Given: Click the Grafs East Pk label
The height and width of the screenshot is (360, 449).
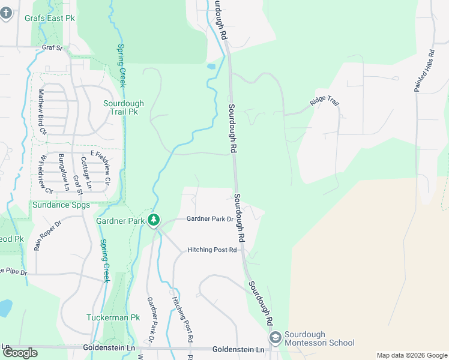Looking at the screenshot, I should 49,18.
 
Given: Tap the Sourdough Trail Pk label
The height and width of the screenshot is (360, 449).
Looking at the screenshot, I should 121,107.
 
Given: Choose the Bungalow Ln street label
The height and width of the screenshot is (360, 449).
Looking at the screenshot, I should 64,172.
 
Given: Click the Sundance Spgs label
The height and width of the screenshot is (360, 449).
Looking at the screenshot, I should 62,205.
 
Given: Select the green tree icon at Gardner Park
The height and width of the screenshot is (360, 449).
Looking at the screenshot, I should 154,221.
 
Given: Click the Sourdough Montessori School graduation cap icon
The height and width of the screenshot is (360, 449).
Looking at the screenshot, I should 276,338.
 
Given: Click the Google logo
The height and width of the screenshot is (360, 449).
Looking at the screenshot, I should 20,352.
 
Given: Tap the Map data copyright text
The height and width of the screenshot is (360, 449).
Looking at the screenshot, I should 412,355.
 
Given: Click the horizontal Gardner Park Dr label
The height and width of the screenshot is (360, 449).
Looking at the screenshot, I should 209,219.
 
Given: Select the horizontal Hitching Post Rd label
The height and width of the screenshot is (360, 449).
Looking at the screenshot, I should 212,250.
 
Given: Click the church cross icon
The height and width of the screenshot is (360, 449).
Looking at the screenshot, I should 6,13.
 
